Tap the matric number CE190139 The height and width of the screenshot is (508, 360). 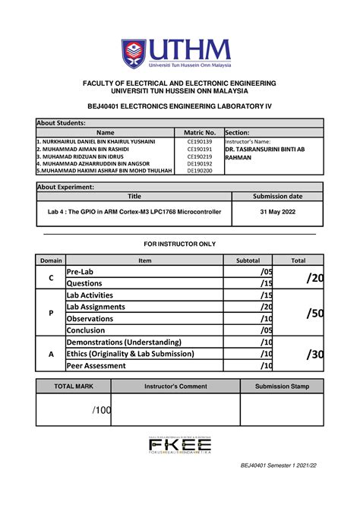point(200,142)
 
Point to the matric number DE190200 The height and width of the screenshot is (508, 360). point(200,170)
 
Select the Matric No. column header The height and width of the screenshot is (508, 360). point(200,133)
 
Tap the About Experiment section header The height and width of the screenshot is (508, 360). point(66,187)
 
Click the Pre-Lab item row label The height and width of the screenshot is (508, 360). point(80,272)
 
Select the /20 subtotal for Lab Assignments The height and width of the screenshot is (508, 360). point(265,307)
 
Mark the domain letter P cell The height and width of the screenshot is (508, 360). point(51,313)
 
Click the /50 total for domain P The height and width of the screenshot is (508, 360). point(314,313)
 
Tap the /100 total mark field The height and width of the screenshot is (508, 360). point(102,410)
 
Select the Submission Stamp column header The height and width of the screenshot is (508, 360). point(282,387)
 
